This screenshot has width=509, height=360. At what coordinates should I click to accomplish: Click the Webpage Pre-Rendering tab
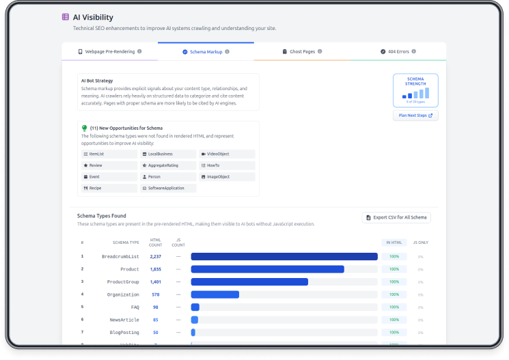109,51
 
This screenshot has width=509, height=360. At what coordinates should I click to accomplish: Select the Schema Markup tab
206,51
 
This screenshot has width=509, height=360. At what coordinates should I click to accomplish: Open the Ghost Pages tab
302,51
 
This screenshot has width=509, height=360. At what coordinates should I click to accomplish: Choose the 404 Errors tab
398,51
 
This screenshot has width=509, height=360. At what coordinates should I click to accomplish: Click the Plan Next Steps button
415,115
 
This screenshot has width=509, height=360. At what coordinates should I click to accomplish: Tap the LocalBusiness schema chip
168,154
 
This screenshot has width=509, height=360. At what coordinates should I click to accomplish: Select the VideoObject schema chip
227,154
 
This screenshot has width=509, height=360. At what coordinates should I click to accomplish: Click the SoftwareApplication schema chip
168,188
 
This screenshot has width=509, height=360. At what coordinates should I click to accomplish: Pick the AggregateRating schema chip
168,165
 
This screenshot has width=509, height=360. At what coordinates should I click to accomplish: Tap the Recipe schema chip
109,188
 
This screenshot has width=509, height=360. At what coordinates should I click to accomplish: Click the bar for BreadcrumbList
284,257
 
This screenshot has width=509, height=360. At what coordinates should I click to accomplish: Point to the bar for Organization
215,294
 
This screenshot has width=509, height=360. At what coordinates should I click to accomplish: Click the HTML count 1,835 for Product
156,269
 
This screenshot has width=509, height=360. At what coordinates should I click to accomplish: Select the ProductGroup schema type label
123,281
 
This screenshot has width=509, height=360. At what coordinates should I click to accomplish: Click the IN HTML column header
394,243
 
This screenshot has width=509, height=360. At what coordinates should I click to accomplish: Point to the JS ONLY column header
420,243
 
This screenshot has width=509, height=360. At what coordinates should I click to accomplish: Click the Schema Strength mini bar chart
415,94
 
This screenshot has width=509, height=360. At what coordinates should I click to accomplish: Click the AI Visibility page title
93,17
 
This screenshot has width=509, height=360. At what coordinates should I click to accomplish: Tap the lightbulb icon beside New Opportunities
84,128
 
